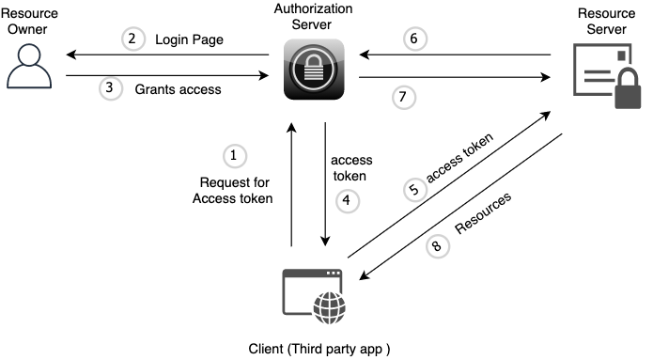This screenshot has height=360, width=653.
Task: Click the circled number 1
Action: [233, 154]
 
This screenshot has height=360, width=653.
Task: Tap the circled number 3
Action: [110, 90]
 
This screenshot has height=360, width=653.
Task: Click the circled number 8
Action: [436, 246]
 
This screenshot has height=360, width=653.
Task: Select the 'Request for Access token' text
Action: [233, 190]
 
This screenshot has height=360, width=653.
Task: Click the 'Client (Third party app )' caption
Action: [318, 349]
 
